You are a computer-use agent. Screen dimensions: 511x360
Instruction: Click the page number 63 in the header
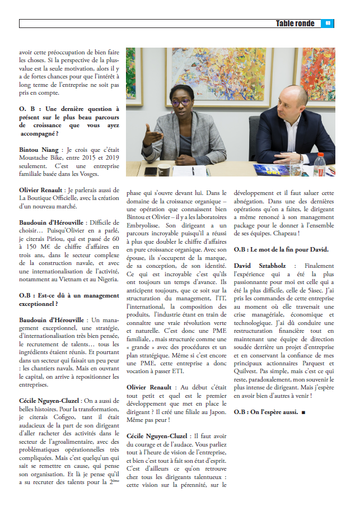click(x=328, y=24)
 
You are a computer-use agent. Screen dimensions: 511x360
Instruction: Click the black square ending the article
click(x=303, y=412)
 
